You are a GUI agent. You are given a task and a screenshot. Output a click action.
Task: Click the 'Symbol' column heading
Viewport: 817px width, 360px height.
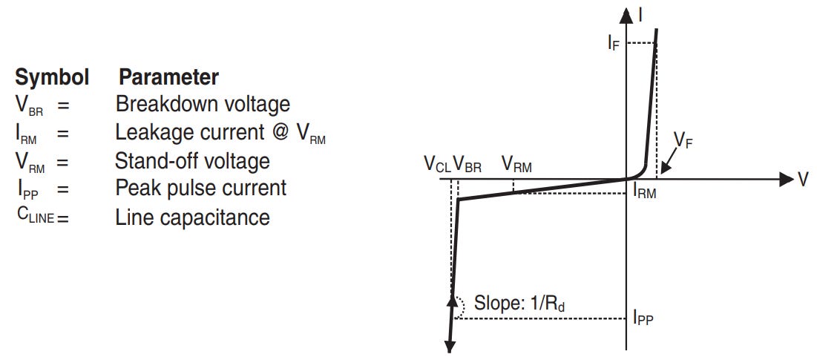click(52, 77)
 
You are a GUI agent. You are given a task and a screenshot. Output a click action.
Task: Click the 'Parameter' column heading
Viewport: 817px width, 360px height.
click(169, 77)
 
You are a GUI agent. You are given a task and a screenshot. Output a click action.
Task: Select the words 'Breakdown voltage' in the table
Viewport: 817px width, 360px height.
click(203, 104)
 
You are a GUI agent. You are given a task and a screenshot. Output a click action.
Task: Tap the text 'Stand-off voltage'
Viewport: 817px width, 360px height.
click(192, 160)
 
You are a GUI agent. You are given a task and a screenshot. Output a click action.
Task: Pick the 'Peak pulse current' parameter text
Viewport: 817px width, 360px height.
click(200, 188)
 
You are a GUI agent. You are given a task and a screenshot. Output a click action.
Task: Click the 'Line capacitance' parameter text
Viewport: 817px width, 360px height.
click(192, 217)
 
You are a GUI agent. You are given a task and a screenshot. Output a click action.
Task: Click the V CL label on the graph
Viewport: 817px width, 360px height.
click(437, 166)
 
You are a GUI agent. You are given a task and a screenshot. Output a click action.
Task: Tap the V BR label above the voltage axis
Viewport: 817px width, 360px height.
click(467, 166)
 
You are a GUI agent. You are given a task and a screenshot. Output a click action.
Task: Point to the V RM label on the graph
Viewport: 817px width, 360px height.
click(516, 165)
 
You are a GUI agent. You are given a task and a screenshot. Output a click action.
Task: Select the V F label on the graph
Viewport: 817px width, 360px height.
click(683, 139)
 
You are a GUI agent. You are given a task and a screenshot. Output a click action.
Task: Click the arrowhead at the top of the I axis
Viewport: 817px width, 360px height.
click(627, 15)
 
